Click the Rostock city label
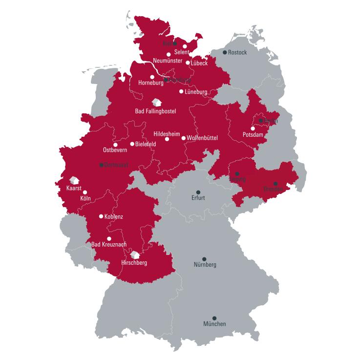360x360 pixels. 238,53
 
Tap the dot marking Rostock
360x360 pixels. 225,53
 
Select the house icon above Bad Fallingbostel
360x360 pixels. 156,103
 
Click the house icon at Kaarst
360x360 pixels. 74,180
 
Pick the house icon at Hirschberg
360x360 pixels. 135,254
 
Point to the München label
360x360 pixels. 214,324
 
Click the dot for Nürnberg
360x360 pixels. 204,259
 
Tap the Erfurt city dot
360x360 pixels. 198,192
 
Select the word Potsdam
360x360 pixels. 253,134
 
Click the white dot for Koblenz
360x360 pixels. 101,216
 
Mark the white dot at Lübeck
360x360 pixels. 188,63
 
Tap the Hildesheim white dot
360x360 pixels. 167,139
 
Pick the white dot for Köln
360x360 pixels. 85,192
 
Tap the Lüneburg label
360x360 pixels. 196,91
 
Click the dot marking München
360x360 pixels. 214,317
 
